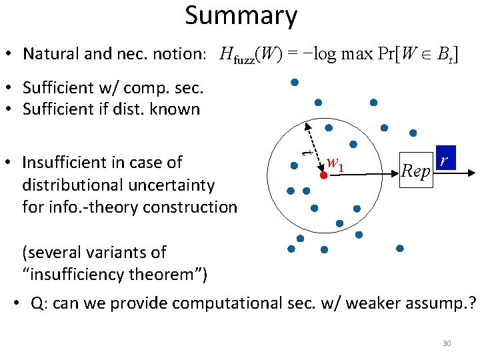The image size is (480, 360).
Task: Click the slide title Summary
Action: pos(241,16)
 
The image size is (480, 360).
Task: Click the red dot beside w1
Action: pos(323,175)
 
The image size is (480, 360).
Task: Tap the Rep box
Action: pos(416,171)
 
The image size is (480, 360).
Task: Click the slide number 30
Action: pos(447,343)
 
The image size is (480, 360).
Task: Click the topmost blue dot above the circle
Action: pos(294,83)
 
